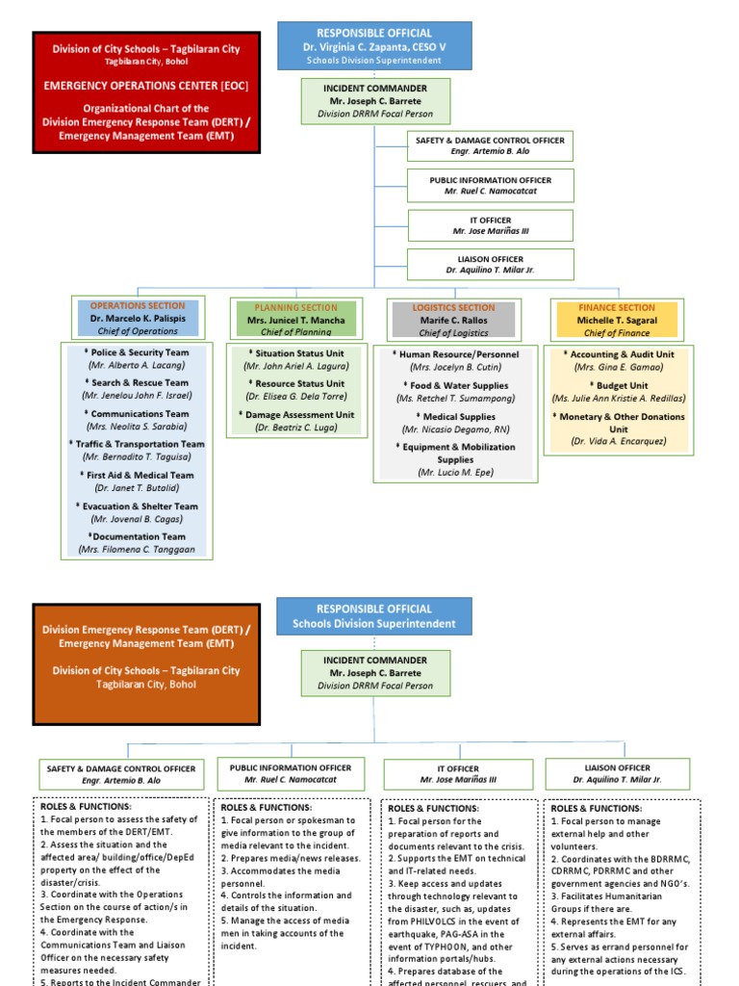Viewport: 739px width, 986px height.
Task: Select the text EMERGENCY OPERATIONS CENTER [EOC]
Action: tap(145, 85)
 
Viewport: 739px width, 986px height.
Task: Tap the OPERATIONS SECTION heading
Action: tap(138, 305)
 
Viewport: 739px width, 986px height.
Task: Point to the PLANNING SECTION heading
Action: tap(295, 307)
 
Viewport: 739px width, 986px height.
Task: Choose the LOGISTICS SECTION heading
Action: tap(453, 307)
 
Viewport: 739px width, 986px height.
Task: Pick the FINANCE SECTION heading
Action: tap(617, 307)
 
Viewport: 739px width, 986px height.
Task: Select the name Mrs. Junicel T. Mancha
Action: tap(295, 321)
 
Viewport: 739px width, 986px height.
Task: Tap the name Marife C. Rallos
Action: tap(453, 321)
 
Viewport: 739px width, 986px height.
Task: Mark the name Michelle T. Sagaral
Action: tap(617, 320)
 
